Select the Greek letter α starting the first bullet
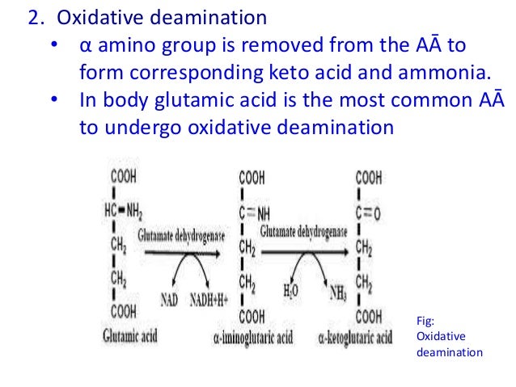pos(84,45)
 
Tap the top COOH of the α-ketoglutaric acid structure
pos(369,177)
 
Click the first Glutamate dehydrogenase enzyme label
pos(182,233)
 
